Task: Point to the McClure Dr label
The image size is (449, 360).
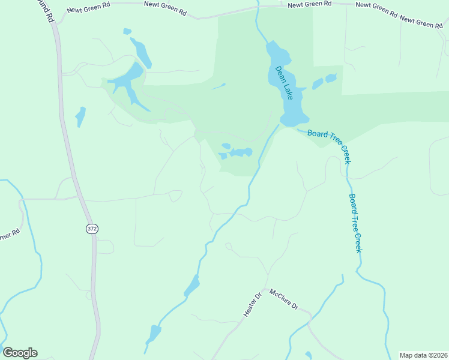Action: point(284,298)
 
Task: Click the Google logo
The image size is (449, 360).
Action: point(20,353)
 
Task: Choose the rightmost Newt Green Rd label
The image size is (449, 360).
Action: point(421,22)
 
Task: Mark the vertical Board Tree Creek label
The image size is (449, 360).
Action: point(355,223)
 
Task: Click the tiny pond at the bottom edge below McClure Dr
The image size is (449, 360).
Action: point(309,355)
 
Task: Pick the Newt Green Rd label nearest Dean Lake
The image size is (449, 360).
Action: point(310,4)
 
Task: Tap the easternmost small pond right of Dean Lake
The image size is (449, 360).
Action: point(330,78)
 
